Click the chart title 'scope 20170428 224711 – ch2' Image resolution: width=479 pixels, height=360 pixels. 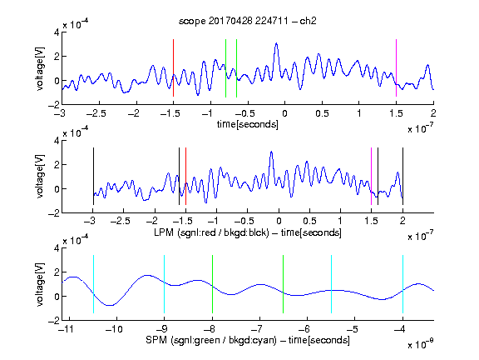tap(248, 21)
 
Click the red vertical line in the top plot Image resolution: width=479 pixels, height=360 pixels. tap(173, 68)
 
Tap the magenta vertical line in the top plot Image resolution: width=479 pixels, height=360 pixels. tap(396, 68)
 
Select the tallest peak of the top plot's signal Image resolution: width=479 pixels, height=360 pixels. tap(276, 44)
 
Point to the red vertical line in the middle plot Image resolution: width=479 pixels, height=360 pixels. tap(185, 176)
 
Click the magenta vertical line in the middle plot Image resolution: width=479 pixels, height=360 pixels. tap(371, 176)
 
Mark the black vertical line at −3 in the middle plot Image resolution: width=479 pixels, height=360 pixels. tap(93, 176)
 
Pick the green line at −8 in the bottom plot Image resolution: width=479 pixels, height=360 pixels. tap(212, 284)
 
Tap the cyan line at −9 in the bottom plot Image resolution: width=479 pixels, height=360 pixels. tap(164, 284)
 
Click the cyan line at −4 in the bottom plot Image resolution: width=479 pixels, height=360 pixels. tap(402, 284)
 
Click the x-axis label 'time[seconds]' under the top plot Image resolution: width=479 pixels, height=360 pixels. tap(248, 124)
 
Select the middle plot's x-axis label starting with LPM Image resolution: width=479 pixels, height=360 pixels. tap(248, 232)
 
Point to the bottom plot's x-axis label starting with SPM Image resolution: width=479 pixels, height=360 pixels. tap(248, 340)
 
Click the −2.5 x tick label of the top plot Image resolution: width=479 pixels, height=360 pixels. tap(96, 113)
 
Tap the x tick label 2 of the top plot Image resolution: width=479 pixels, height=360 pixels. tap(433, 113)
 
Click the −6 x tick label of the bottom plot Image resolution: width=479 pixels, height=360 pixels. tap(304, 329)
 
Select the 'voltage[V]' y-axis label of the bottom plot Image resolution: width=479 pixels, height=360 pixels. tap(39, 284)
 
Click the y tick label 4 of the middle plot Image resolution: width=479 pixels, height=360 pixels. tap(57, 141)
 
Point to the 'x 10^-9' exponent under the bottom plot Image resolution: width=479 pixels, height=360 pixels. tap(421, 344)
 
